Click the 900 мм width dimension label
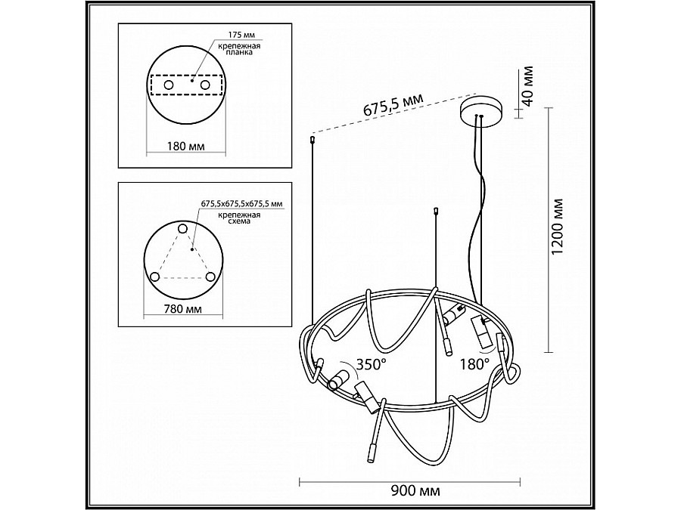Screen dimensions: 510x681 point(411,490)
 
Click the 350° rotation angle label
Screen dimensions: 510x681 point(372,364)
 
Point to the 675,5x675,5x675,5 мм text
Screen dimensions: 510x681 point(241,204)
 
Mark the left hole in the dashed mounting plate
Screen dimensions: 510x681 point(168,87)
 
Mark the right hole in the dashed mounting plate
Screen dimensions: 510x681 point(205,87)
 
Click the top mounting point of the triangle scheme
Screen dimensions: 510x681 point(182,228)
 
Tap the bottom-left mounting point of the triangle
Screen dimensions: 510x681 point(155,277)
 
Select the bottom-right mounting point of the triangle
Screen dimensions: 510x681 point(210,277)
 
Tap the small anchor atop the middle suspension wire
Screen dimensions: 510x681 point(435,211)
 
